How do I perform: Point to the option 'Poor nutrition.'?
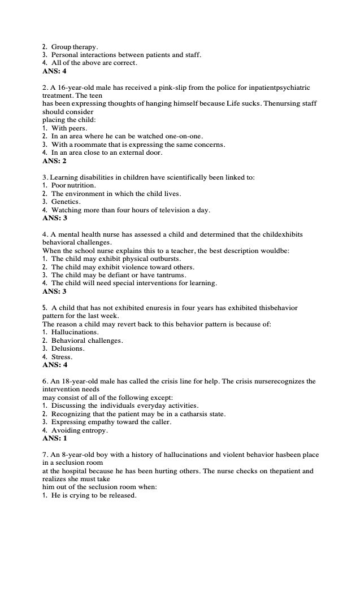(x=73, y=185)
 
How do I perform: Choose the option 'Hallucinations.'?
(x=75, y=332)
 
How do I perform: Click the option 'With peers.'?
(x=70, y=128)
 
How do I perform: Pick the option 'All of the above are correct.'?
(x=94, y=63)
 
